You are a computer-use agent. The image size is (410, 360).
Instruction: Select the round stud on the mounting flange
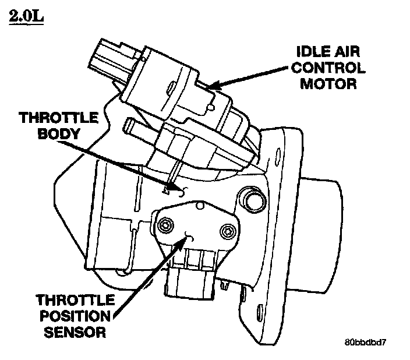(253, 198)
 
